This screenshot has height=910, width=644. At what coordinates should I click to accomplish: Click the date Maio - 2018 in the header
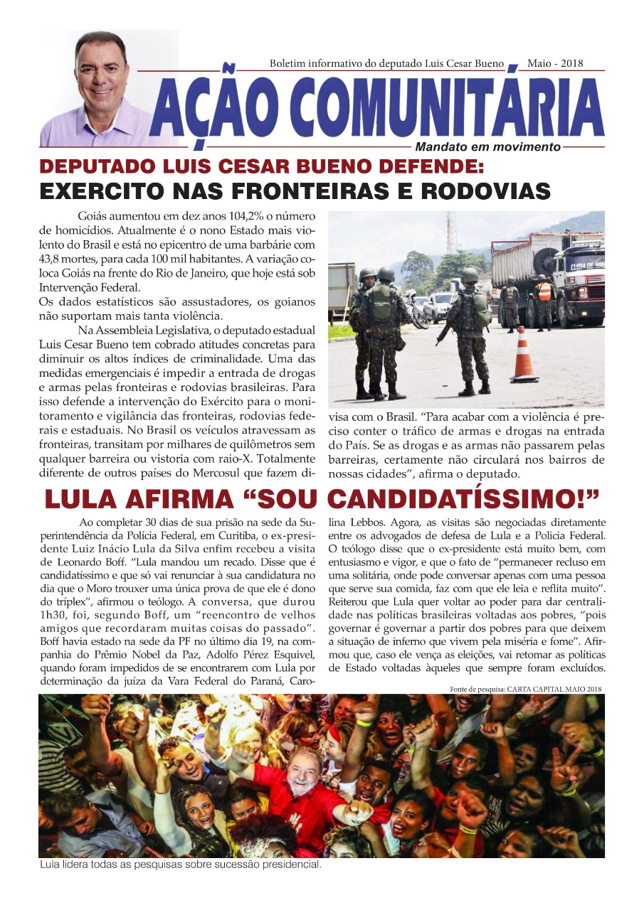[x=555, y=63]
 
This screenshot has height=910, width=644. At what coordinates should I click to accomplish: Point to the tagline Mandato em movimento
[x=488, y=147]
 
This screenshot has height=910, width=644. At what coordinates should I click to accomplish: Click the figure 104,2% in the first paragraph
[x=243, y=218]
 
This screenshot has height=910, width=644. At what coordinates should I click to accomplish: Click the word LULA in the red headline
[x=78, y=499]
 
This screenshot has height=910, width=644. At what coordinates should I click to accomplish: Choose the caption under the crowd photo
[x=180, y=865]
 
